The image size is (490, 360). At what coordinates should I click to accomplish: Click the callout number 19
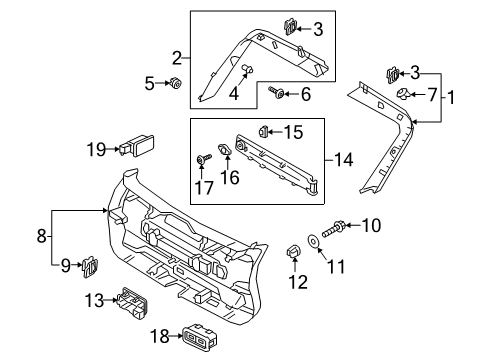tap(95, 149)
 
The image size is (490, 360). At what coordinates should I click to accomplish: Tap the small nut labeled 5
tap(176, 84)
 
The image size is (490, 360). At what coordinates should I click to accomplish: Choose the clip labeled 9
tap(91, 265)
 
